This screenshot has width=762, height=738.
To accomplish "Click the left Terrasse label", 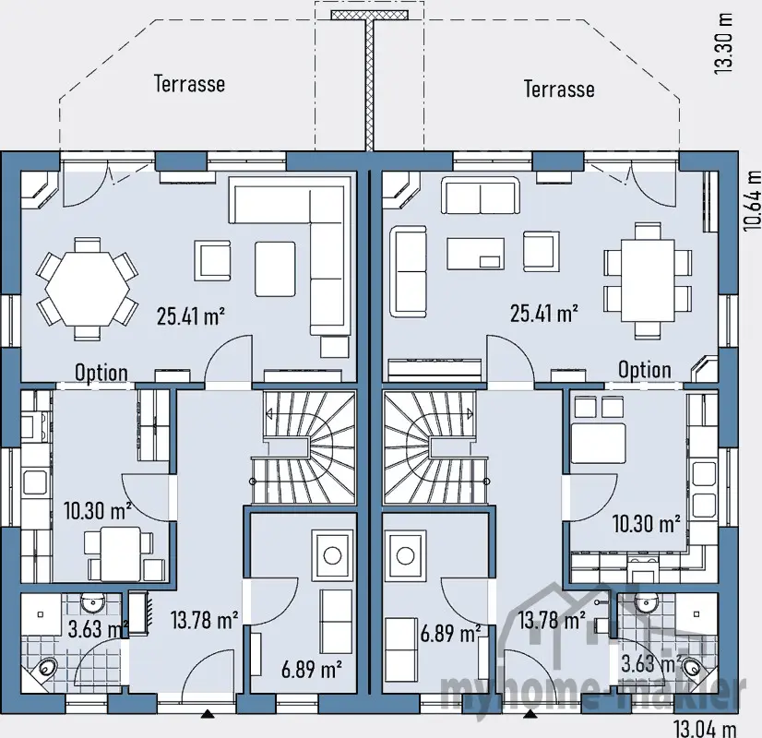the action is coord(189,84).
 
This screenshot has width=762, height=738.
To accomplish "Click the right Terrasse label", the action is coord(559,89).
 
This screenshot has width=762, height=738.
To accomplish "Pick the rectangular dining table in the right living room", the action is coord(648,280).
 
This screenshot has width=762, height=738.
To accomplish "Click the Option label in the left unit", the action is coord(101,373).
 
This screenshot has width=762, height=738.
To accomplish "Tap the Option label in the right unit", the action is coord(645,370).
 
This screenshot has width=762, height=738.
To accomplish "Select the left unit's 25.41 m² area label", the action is coord(192,317).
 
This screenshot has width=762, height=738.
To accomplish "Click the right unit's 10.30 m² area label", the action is coord(646,524).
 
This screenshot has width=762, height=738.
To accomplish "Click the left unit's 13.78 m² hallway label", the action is coord(205,619).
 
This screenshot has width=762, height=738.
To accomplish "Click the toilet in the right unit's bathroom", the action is coord(692,664).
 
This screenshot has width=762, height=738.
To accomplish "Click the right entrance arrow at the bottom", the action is coord(530,713).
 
